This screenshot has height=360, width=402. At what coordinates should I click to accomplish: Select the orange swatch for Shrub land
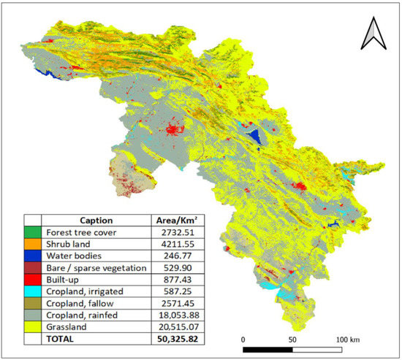click(32, 245)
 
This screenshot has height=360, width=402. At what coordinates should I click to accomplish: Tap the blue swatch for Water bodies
click(32, 257)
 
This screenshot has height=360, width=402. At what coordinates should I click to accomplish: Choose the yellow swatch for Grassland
click(32, 328)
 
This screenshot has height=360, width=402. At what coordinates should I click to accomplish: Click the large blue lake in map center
click(254, 137)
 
